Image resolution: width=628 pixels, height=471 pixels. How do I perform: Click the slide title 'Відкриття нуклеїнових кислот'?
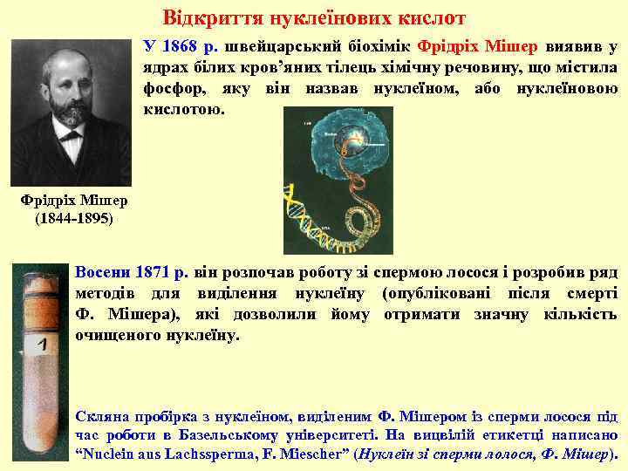click(x=315, y=17)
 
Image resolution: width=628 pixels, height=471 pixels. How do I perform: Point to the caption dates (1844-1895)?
click(x=73, y=218)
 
